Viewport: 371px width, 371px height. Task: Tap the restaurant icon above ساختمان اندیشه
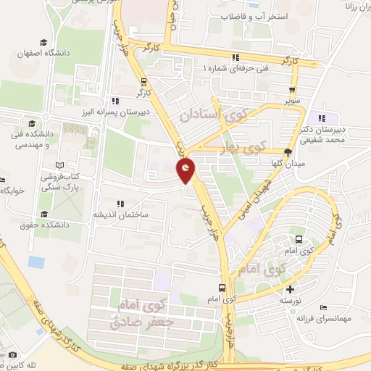point(120,204)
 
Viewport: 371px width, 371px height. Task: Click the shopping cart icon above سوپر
point(293,91)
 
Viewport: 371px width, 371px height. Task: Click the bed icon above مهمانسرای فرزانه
point(323,307)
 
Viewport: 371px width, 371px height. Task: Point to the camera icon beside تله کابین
point(13,355)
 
